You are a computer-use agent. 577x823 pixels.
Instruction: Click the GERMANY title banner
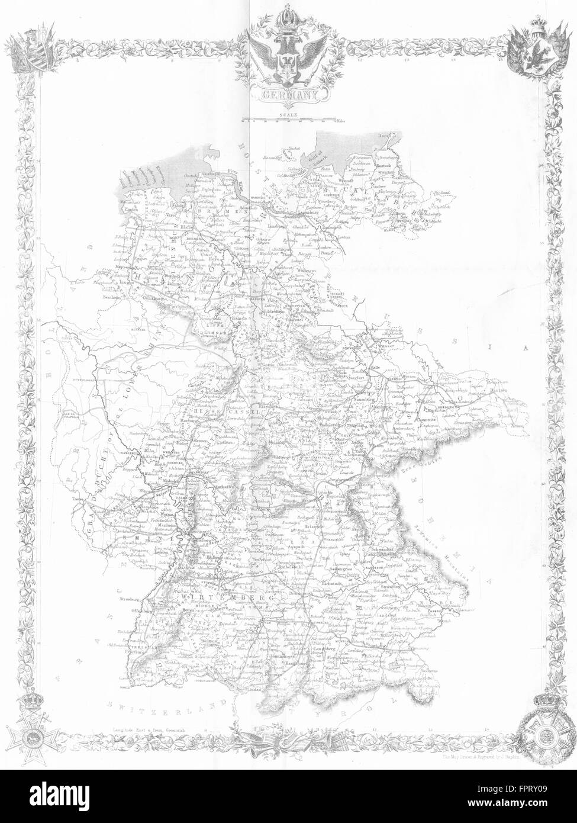288,94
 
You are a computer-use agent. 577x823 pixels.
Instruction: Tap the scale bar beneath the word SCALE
288,120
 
